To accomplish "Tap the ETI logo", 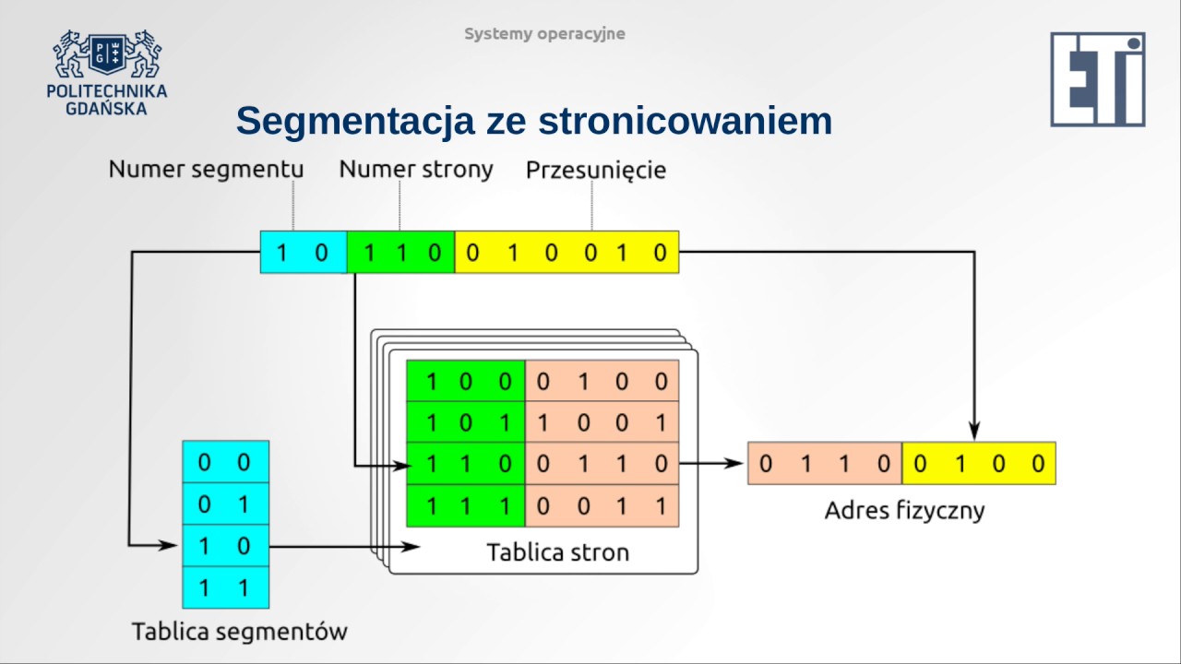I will click(1097, 79).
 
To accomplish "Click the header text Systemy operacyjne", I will click(544, 34).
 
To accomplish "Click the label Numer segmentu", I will click(206, 170).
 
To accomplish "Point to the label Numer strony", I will click(416, 170).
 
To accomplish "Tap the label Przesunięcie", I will click(596, 171).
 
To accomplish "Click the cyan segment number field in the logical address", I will click(304, 252).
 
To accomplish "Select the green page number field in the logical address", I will click(400, 252).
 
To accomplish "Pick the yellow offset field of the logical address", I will click(567, 252).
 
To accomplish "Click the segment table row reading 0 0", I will click(226, 462).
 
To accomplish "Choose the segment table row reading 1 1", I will click(226, 587).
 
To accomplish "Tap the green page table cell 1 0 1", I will click(466, 422).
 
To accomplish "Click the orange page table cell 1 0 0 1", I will click(602, 422).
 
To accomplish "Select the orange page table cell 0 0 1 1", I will click(602, 505).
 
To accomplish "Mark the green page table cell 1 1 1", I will click(466, 505).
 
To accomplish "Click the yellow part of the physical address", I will click(978, 464).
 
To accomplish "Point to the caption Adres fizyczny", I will click(904, 510).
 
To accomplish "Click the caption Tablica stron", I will click(557, 552).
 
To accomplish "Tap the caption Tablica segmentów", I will click(239, 632).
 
